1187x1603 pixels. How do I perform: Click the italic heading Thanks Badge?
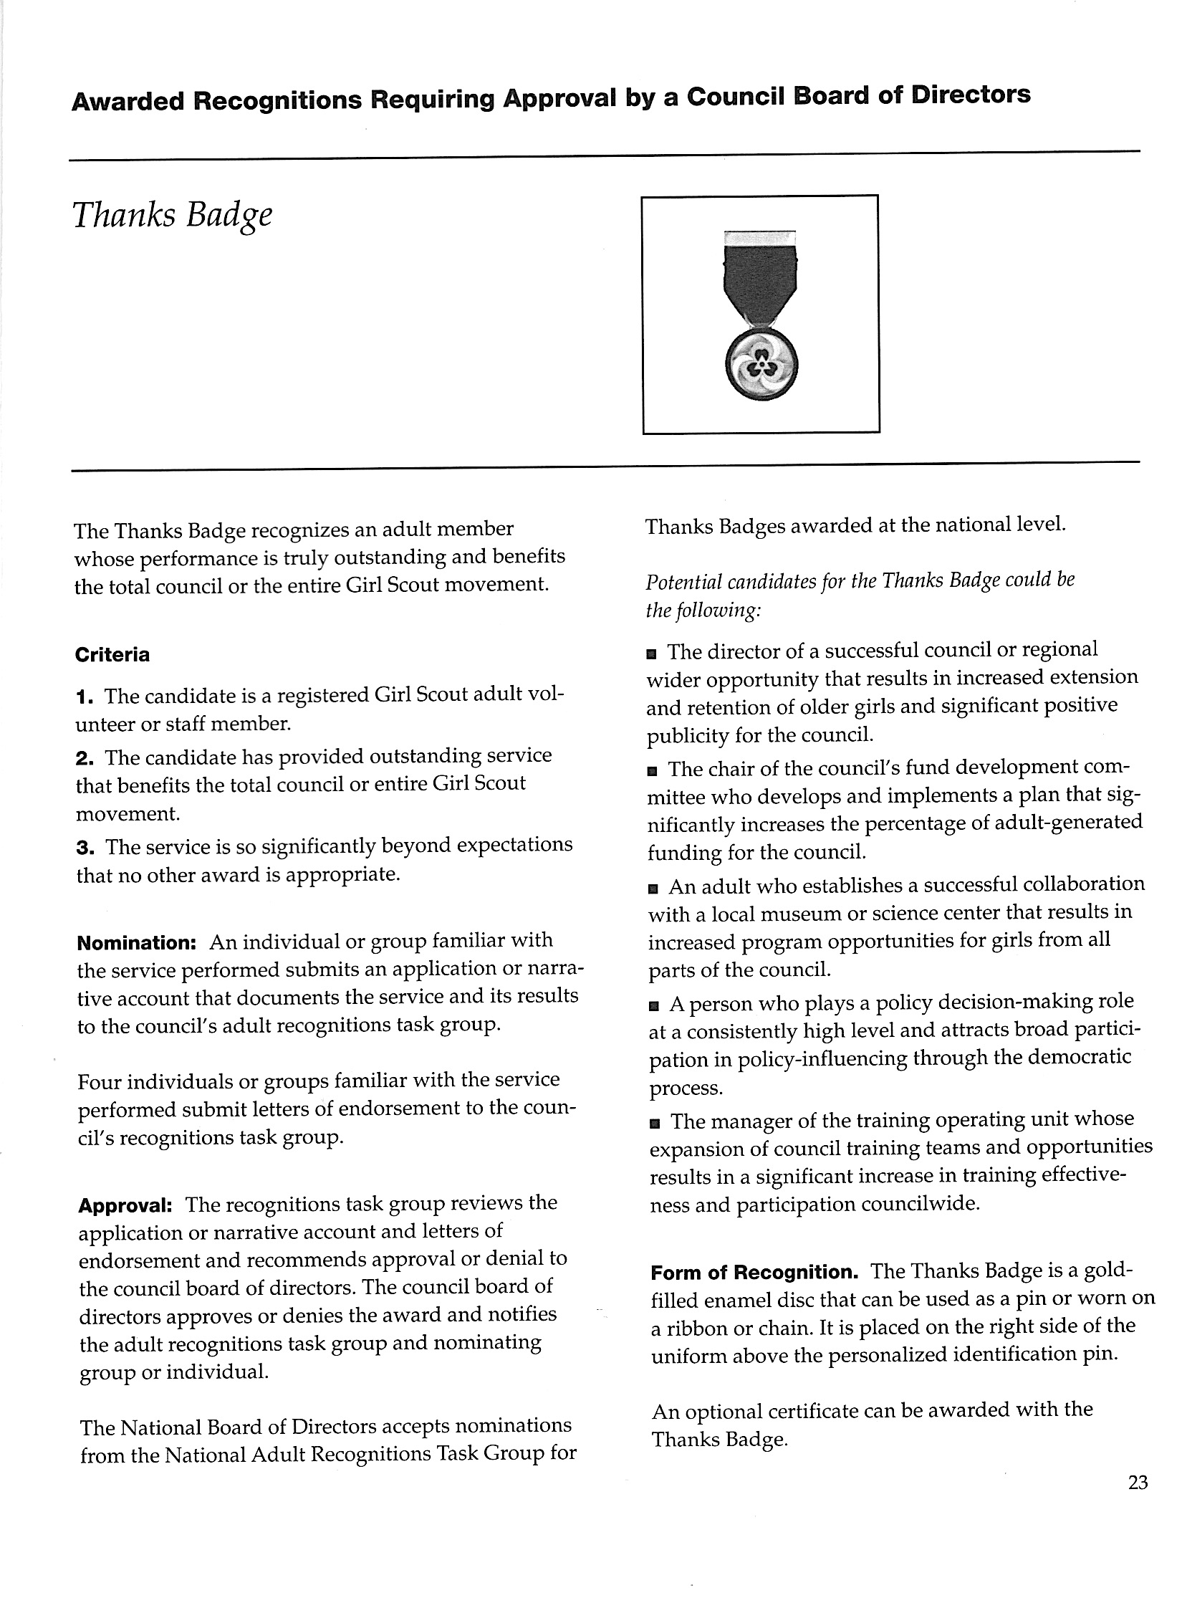pyautogui.click(x=173, y=215)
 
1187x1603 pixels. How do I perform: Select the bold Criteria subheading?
pyautogui.click(x=112, y=655)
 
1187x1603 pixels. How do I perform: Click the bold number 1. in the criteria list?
pyautogui.click(x=85, y=697)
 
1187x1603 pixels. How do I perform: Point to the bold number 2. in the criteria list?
pyautogui.click(x=85, y=757)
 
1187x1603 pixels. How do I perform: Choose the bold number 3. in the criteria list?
pyautogui.click(x=86, y=848)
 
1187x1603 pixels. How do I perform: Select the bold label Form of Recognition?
pyautogui.click(x=754, y=1273)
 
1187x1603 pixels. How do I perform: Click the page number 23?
pyautogui.click(x=1138, y=1482)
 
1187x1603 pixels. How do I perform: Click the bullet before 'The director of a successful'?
pyautogui.click(x=651, y=654)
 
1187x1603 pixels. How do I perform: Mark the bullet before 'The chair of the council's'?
pyautogui.click(x=652, y=772)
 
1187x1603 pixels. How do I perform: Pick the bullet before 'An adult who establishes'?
pyautogui.click(x=653, y=889)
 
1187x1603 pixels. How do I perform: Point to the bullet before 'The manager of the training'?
pyautogui.click(x=654, y=1124)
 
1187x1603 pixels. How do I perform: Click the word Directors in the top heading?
pyautogui.click(x=971, y=95)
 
